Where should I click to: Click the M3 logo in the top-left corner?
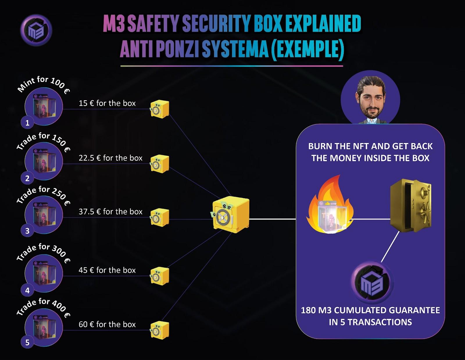point(36,30)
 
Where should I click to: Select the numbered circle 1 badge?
point(27,123)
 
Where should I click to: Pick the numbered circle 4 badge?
point(27,290)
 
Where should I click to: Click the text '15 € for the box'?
point(107,103)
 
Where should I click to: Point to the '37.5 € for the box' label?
point(110,212)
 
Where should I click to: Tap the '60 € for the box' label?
point(107,324)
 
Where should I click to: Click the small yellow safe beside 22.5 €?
point(160,164)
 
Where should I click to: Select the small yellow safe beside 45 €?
point(160,276)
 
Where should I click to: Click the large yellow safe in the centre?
point(230,214)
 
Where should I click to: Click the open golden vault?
point(410,206)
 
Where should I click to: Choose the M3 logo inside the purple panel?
point(372,283)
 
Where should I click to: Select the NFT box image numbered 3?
point(44,214)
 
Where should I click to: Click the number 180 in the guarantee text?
point(308,310)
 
